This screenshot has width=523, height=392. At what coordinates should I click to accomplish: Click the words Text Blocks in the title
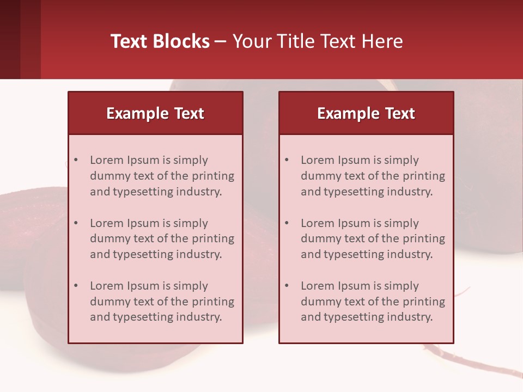(160, 41)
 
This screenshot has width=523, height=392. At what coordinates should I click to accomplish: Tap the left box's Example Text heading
(155, 113)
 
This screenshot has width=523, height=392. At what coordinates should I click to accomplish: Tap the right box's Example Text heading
(366, 113)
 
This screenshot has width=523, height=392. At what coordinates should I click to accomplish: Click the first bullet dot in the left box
(76, 160)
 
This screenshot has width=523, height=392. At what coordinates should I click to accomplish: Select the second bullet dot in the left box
(76, 223)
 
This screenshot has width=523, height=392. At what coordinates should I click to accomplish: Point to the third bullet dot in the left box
(76, 286)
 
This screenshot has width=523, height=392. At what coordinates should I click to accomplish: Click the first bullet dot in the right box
(287, 160)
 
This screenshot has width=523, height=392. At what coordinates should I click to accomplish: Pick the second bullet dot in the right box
(287, 223)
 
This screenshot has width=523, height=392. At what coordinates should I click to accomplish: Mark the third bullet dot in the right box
(287, 286)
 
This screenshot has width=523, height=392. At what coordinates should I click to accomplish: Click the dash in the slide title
(221, 41)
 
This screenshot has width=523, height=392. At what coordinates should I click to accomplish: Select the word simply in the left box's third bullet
(191, 286)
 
